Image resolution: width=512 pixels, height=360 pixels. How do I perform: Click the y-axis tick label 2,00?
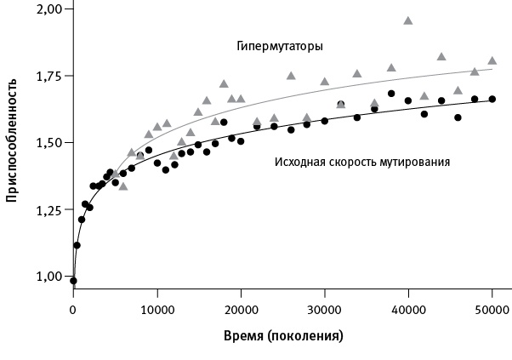(x=50, y=9)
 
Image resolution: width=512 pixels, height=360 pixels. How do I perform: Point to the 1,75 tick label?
(x=50, y=77)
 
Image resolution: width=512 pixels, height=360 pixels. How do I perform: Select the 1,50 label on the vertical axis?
(x=50, y=143)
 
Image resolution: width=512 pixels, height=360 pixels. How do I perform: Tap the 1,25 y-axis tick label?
(x=50, y=210)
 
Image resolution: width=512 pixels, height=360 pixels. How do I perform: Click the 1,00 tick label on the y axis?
(x=50, y=277)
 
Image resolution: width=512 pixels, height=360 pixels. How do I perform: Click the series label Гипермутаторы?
(x=279, y=46)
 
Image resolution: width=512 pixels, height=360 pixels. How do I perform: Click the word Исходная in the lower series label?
(x=299, y=161)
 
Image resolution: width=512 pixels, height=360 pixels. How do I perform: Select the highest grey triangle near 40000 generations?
(x=408, y=20)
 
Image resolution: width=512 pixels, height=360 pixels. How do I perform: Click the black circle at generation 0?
(x=73, y=280)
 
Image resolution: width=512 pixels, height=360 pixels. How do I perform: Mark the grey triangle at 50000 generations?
(x=492, y=60)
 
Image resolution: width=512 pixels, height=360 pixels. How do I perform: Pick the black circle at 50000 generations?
(x=492, y=99)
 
